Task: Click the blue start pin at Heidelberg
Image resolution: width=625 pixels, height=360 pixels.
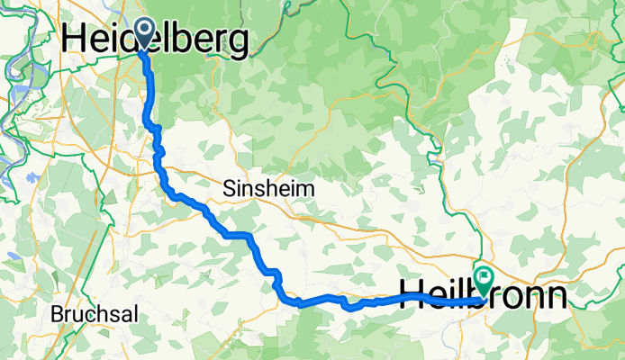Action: click(144, 35)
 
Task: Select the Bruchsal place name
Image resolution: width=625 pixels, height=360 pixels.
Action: click(86, 317)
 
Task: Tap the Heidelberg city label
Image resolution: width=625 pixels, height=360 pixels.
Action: click(155, 40)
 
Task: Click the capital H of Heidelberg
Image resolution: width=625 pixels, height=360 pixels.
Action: click(76, 40)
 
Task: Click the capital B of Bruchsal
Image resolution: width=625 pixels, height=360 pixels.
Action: click(57, 317)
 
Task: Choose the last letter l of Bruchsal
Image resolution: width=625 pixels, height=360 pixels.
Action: click(119, 317)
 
